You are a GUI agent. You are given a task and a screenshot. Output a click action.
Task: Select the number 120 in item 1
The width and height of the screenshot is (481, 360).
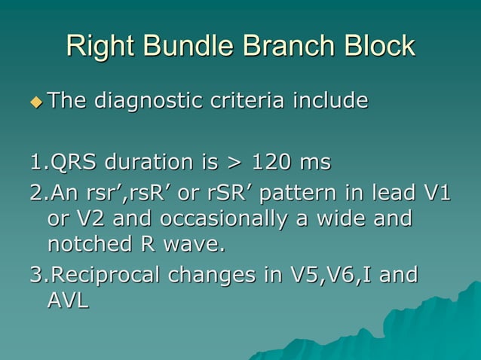click(274, 162)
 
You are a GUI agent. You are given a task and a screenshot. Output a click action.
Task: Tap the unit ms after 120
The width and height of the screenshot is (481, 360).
click(316, 163)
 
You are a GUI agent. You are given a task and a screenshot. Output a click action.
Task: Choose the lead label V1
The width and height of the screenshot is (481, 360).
click(435, 192)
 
